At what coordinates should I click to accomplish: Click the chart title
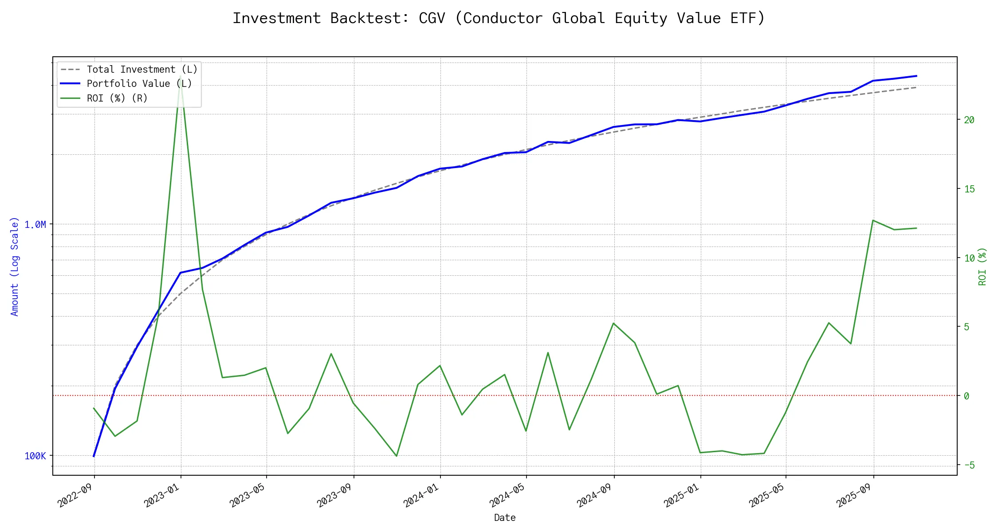pos(499,18)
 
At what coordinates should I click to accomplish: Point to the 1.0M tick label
pos(35,225)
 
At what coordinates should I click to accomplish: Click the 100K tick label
pos(35,456)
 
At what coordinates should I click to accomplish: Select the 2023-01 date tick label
pos(162,495)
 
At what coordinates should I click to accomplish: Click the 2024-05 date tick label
pos(508,495)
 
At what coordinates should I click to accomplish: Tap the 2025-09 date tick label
pos(855,495)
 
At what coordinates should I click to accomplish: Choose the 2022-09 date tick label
pos(76,495)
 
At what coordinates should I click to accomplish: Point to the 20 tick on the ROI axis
pos(969,120)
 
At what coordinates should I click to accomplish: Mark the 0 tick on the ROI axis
pos(967,396)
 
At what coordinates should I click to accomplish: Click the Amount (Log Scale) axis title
pos(15,266)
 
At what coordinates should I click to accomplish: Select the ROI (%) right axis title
pos(982,266)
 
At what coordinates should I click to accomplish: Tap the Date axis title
pos(505,518)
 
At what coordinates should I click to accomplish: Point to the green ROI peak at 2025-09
pos(873,220)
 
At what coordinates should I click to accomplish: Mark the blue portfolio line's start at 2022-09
pos(94,456)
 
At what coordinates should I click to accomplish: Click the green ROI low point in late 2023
pos(396,456)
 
